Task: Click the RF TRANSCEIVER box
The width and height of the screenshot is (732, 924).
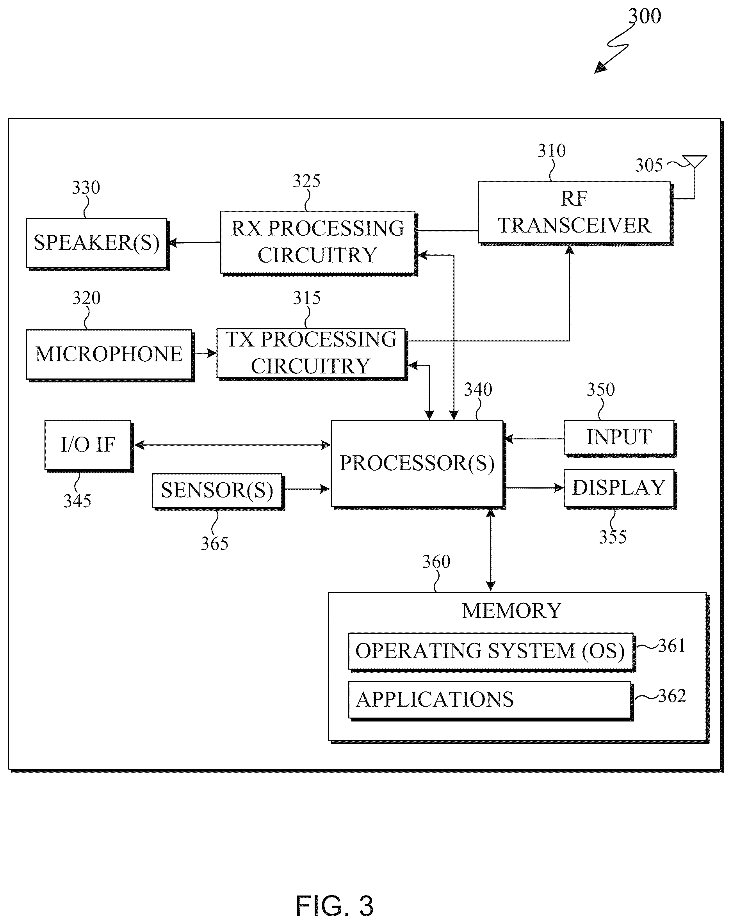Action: point(574,213)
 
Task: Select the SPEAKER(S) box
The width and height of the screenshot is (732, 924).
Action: point(97,244)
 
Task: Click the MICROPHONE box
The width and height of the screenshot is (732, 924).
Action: point(110,355)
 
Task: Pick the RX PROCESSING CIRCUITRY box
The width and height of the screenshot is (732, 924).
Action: point(319,243)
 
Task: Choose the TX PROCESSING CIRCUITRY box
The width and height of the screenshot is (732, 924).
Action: point(312,354)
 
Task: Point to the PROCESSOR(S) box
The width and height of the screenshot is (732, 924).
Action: point(418,464)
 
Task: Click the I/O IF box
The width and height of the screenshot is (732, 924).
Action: point(89,446)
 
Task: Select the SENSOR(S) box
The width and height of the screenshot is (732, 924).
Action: point(218,491)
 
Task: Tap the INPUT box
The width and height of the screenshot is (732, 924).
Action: point(620,438)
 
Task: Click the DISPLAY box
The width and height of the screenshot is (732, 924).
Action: point(620,489)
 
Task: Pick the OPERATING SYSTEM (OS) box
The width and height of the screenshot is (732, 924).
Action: point(492,652)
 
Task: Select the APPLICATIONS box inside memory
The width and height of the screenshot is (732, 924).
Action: point(490,701)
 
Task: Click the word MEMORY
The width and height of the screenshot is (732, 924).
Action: point(512,611)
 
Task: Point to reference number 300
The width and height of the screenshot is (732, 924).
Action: point(645,16)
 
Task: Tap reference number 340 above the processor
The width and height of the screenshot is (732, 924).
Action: point(478,390)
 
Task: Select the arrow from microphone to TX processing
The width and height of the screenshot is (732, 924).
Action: point(205,354)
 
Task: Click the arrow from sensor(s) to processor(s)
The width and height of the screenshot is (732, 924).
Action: point(307,489)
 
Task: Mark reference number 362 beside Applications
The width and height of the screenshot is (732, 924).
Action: point(672,696)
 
